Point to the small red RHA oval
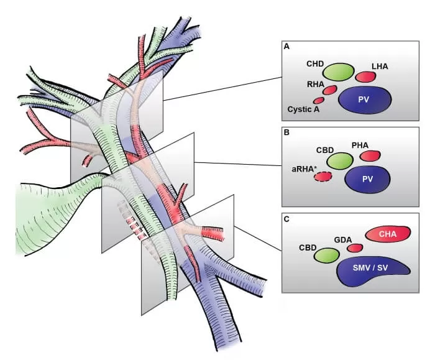pos(329,90)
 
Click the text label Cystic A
pos(303,109)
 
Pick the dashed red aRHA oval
pos(323,177)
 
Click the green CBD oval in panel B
pos(340,161)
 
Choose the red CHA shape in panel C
pos(388,234)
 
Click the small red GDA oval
pos(355,248)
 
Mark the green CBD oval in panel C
pos(327,254)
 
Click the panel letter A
pos(286,47)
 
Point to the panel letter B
pos(286,132)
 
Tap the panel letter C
pos(286,218)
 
